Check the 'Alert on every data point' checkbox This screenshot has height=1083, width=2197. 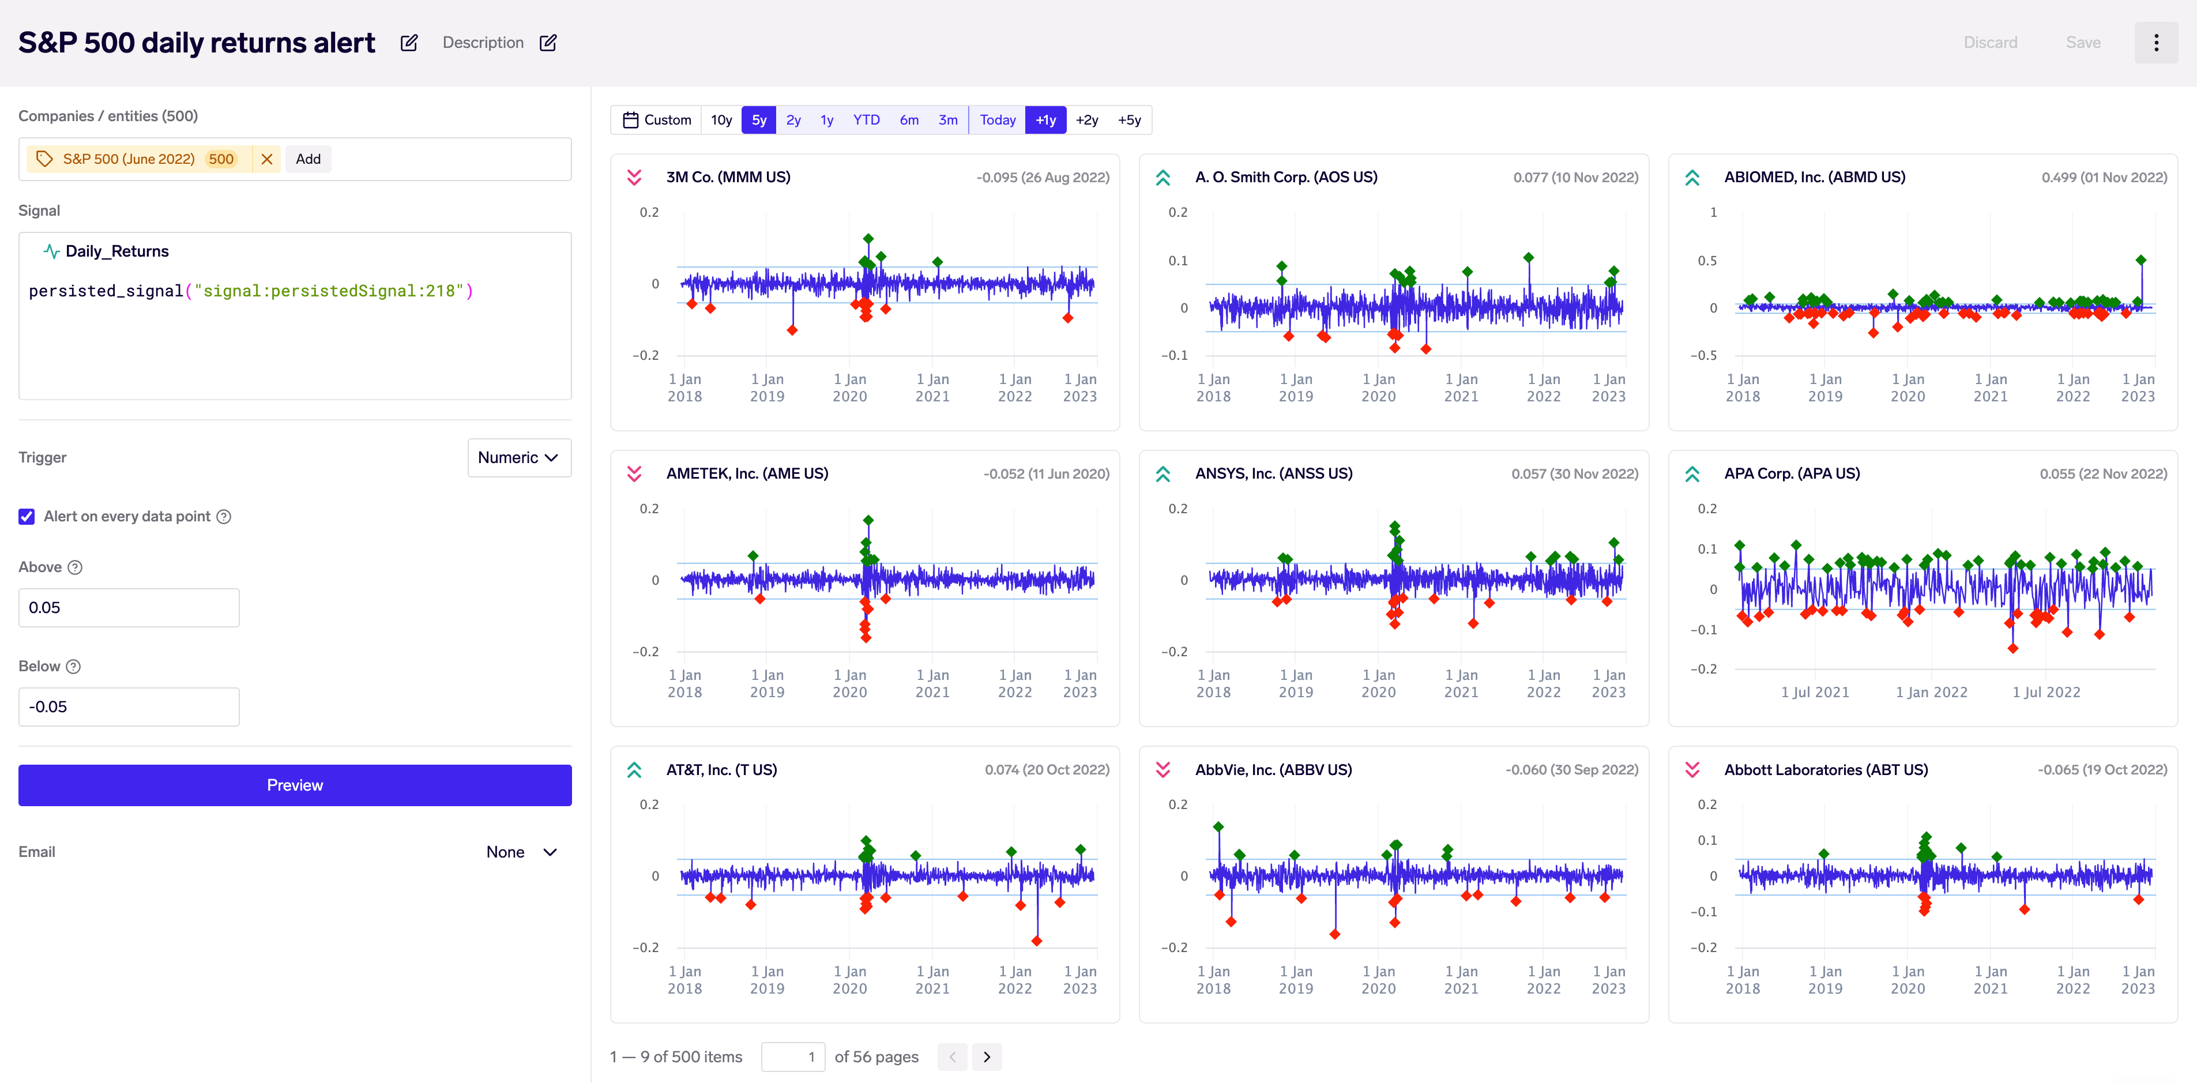(x=27, y=517)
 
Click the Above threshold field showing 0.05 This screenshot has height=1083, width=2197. (x=129, y=607)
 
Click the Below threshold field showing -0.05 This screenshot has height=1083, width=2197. (x=129, y=706)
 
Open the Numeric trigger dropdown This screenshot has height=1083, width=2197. (x=518, y=458)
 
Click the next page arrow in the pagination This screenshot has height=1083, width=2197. (x=987, y=1056)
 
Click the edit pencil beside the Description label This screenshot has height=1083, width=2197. (x=548, y=43)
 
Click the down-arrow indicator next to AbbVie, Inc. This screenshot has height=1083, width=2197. (x=1163, y=770)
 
